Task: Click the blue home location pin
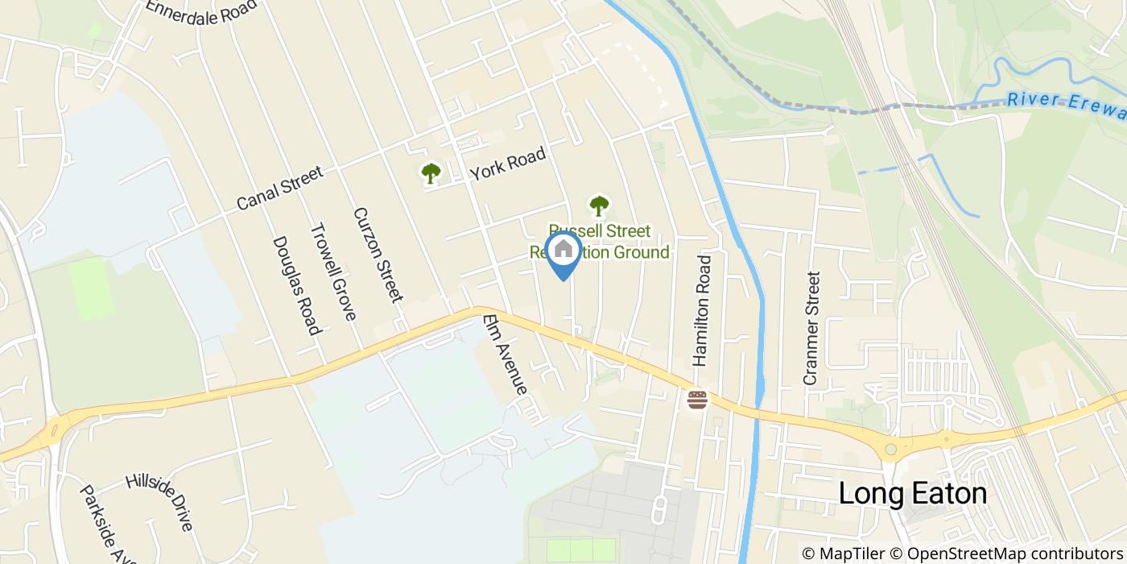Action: [563, 252]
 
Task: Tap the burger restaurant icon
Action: [697, 399]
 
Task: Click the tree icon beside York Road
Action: [431, 172]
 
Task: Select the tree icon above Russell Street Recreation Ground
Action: [598, 206]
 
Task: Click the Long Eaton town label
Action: [913, 493]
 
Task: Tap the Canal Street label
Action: [280, 188]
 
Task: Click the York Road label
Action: [508, 164]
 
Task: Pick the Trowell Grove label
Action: [333, 272]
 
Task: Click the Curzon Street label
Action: [378, 255]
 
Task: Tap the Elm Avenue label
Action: [505, 355]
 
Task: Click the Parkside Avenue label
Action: [101, 524]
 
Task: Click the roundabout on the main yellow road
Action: [890, 450]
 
